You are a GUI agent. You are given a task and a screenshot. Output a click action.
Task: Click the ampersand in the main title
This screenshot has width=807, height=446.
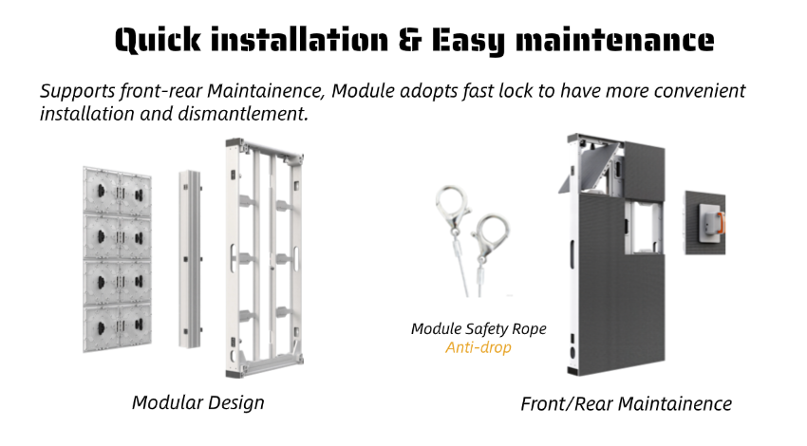tap(410, 40)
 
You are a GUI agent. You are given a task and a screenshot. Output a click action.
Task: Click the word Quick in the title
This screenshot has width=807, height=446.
tap(158, 41)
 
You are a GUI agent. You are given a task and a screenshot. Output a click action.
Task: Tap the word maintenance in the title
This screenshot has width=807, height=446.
tap(614, 40)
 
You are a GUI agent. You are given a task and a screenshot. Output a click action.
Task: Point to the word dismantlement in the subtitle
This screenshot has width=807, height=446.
tap(243, 114)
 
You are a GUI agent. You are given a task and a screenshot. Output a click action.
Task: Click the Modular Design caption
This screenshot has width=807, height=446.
tap(198, 402)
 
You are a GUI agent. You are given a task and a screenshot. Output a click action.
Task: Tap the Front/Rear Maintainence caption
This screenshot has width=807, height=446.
tap(627, 404)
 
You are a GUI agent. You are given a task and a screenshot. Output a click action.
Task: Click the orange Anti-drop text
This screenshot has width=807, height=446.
tap(479, 347)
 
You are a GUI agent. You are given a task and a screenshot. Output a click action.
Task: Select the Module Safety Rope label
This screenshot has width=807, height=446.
tap(479, 328)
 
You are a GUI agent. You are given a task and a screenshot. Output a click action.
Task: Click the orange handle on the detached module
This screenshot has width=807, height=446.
tap(721, 223)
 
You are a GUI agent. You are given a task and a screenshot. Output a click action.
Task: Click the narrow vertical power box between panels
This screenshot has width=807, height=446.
tap(190, 259)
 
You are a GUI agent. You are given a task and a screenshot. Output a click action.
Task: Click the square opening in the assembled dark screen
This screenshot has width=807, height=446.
tap(643, 227)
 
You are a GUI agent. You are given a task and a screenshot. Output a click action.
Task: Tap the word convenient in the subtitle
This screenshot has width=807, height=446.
tap(700, 91)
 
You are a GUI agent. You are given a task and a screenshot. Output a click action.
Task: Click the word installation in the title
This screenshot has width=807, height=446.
tap(299, 40)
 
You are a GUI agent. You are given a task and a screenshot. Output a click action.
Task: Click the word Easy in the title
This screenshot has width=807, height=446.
tap(468, 41)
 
